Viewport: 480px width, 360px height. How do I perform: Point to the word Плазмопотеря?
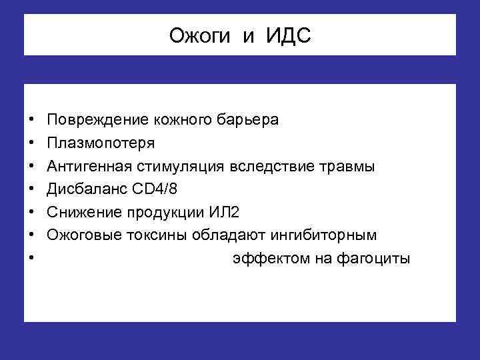coord(101,143)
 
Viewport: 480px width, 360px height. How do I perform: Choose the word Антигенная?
coord(90,166)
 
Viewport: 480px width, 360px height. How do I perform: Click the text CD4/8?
coord(153,189)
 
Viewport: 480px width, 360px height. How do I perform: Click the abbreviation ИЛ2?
coord(222,212)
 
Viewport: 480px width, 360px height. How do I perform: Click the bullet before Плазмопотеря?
coord(32,143)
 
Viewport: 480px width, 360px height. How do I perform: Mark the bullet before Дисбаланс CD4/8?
coord(32,189)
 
